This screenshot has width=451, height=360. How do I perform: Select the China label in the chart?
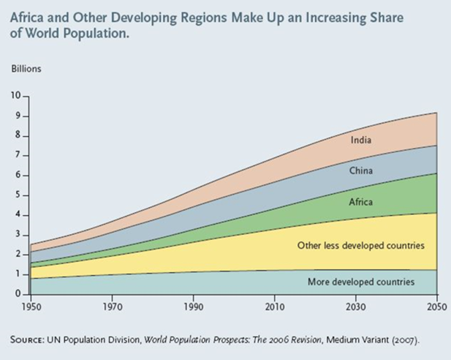[360, 171]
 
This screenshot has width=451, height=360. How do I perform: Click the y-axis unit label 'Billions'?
[26, 70]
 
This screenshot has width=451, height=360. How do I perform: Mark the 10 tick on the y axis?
[17, 96]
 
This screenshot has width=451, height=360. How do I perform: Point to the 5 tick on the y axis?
[19, 195]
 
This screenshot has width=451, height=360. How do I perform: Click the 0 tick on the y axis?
[19, 294]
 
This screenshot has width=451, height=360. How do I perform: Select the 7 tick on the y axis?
[19, 156]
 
